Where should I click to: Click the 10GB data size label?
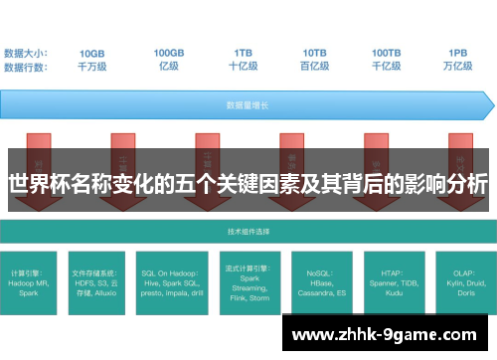pyautogui.click(x=92, y=53)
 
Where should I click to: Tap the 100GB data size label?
pyautogui.click(x=168, y=53)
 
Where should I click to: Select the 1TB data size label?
pyautogui.click(x=243, y=53)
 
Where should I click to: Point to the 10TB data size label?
pyautogui.click(x=315, y=53)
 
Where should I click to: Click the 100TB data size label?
pyautogui.click(x=387, y=53)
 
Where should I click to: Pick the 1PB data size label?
pyautogui.click(x=458, y=53)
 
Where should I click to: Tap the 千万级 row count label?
pyautogui.click(x=92, y=67)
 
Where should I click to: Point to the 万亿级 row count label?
pyautogui.click(x=458, y=67)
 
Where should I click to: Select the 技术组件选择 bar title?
pyautogui.click(x=248, y=232)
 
